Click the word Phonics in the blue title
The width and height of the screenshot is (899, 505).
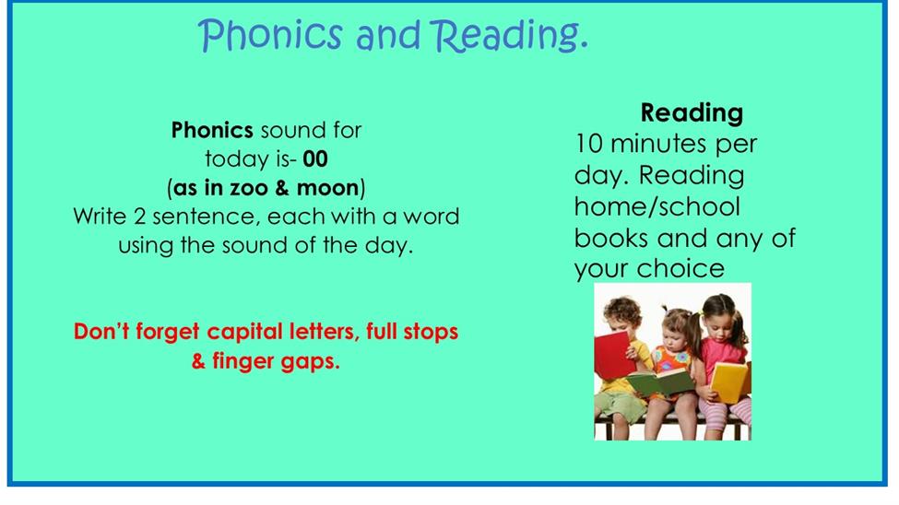coord(270,35)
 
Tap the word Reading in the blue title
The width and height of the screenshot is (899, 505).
coord(509,36)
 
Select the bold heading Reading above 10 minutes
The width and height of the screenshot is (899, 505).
coord(692,113)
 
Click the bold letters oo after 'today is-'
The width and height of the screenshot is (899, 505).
coord(315,159)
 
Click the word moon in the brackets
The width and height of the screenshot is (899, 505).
coord(327,188)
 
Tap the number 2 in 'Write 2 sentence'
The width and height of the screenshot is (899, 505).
coord(139,217)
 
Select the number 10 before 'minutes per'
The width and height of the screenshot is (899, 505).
coord(589,144)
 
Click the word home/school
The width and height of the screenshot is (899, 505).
coord(657,206)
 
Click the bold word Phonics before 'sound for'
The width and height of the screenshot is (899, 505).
coord(212,130)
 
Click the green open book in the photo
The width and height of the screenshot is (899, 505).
coord(661,382)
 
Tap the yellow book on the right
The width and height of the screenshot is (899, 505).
coord(729,382)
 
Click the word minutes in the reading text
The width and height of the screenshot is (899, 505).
coord(658,144)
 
